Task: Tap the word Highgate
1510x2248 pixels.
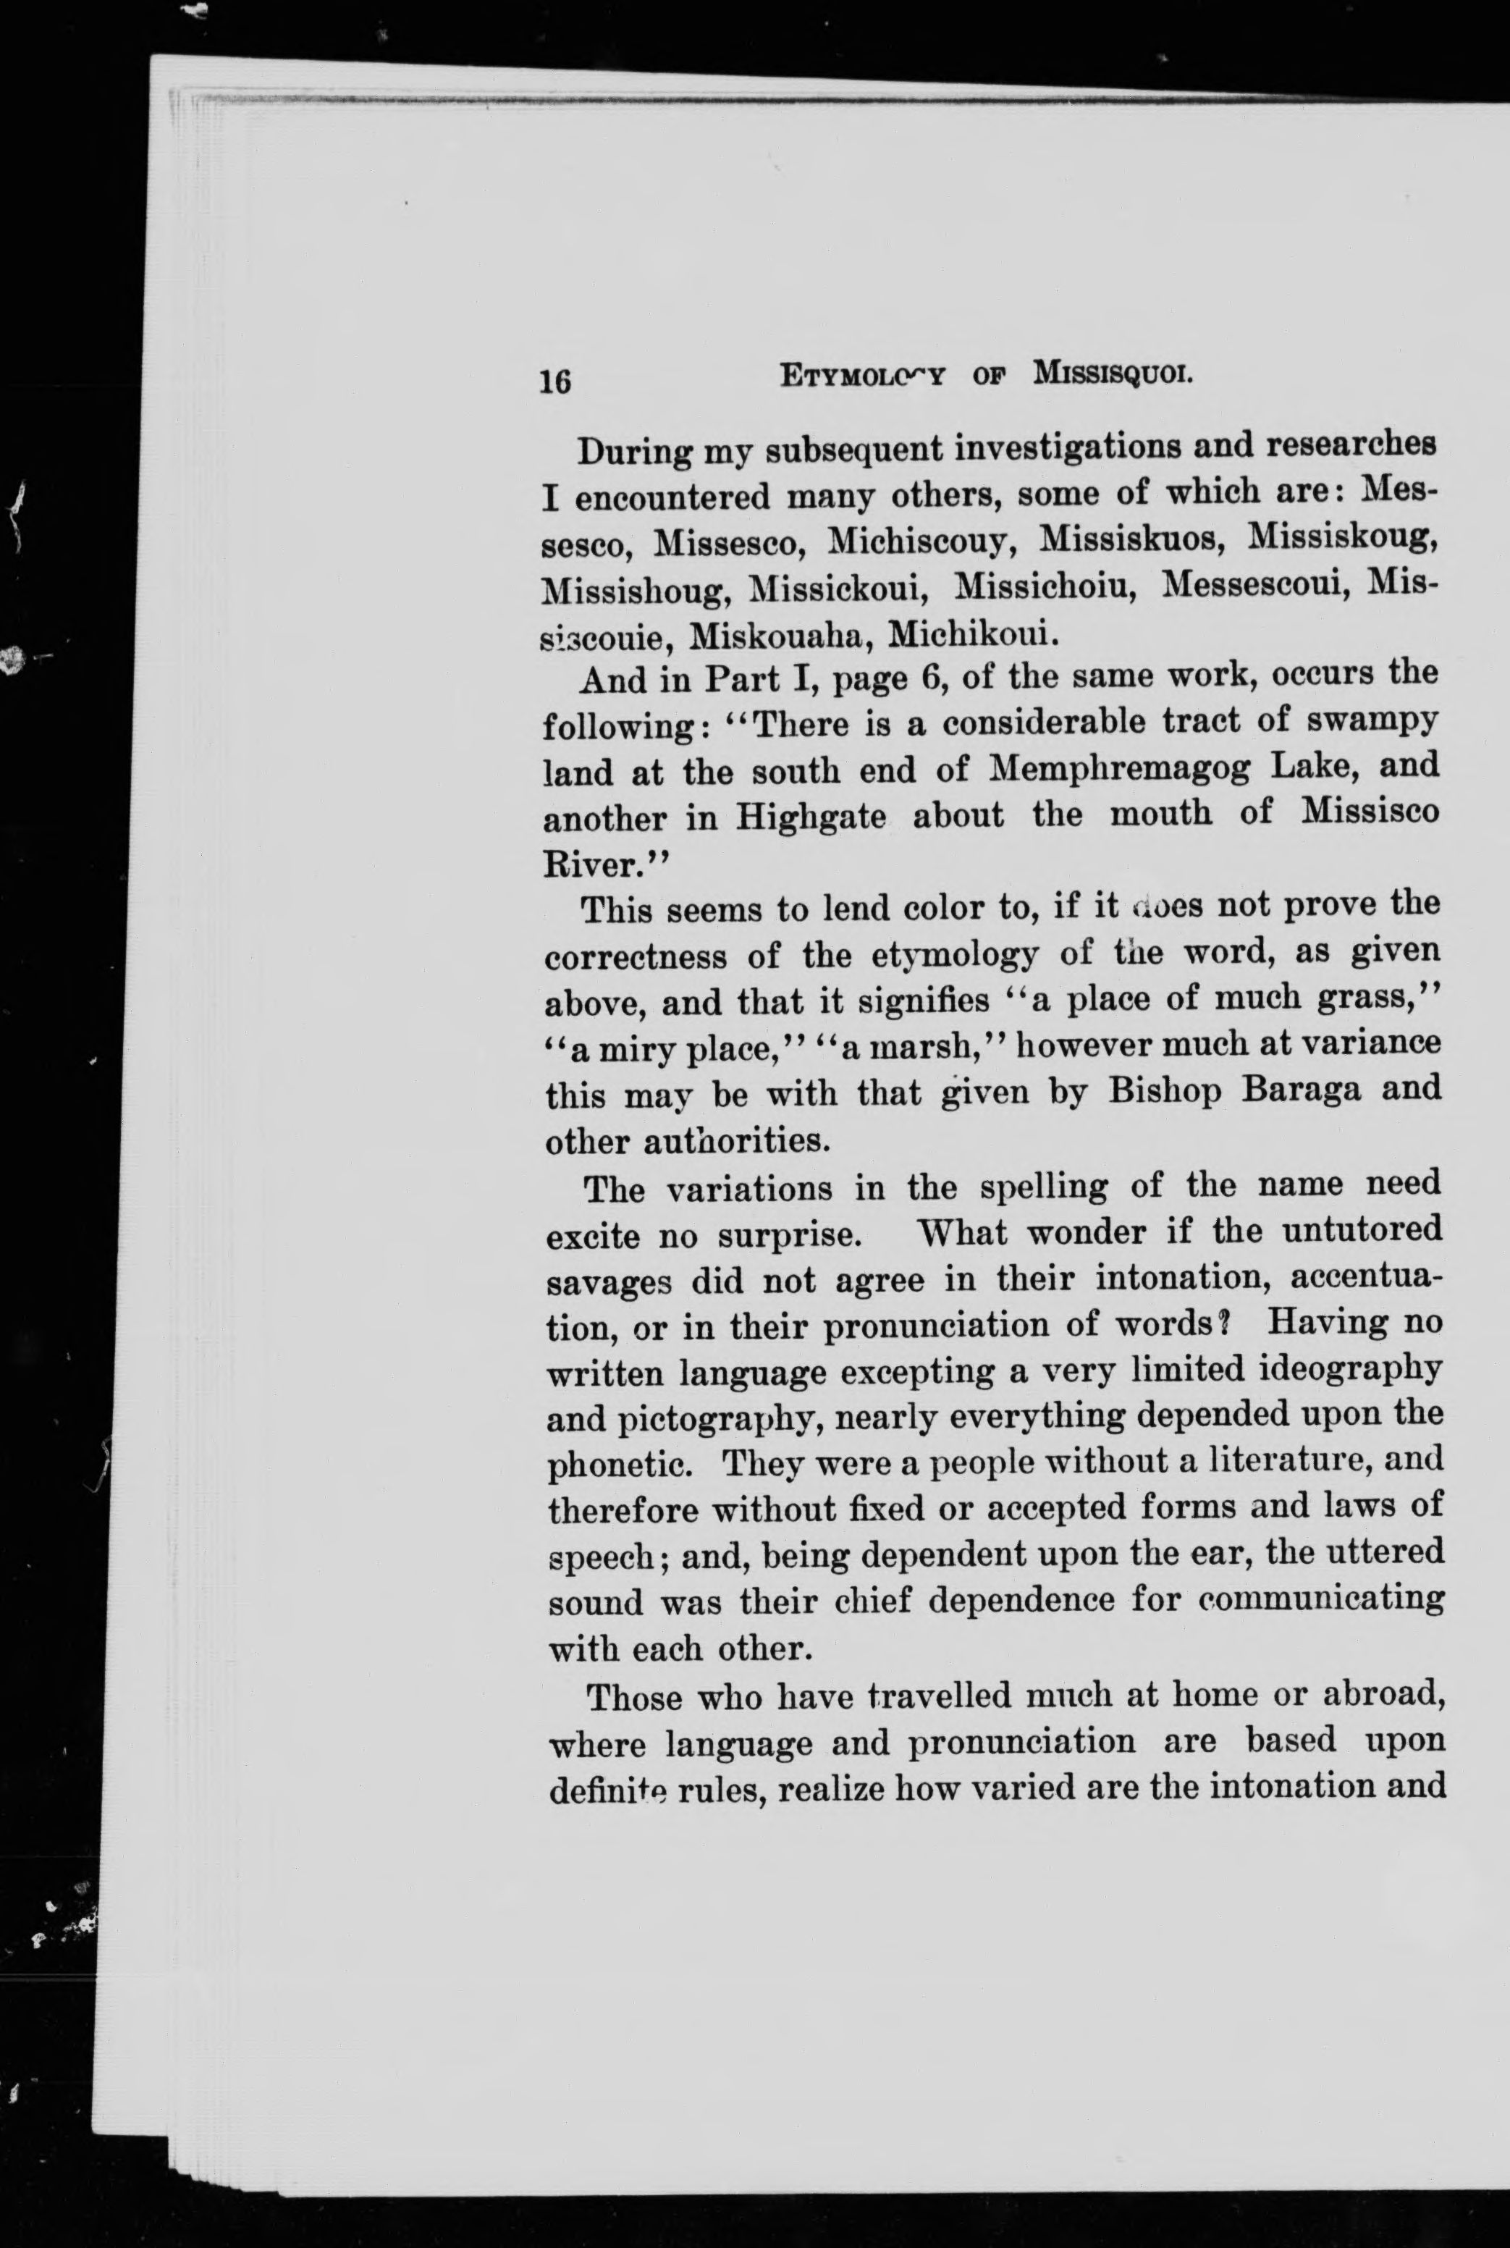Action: click(811, 817)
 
